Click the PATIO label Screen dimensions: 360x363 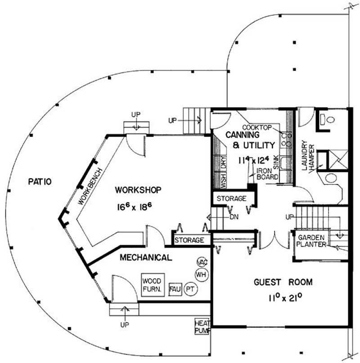(40, 182)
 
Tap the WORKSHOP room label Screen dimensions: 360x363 (138, 190)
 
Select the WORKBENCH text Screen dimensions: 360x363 (90, 186)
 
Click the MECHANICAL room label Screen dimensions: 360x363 (146, 257)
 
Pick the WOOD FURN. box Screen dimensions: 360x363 (153, 285)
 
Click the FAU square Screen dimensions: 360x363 (175, 289)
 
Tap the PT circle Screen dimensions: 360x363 (190, 289)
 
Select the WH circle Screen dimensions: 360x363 (202, 275)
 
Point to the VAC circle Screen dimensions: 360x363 (202, 262)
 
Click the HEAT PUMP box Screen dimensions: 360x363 (202, 327)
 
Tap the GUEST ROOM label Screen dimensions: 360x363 (283, 282)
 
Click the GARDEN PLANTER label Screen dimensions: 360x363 (311, 241)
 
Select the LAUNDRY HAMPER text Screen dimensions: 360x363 (308, 156)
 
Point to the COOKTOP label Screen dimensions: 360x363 (257, 128)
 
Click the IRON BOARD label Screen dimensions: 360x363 (267, 174)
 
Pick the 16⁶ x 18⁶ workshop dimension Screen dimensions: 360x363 (135, 206)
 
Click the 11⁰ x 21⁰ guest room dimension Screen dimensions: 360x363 (285, 297)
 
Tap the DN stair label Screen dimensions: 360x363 (234, 217)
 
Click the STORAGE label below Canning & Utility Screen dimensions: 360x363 (231, 198)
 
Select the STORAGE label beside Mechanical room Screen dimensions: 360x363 (189, 240)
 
